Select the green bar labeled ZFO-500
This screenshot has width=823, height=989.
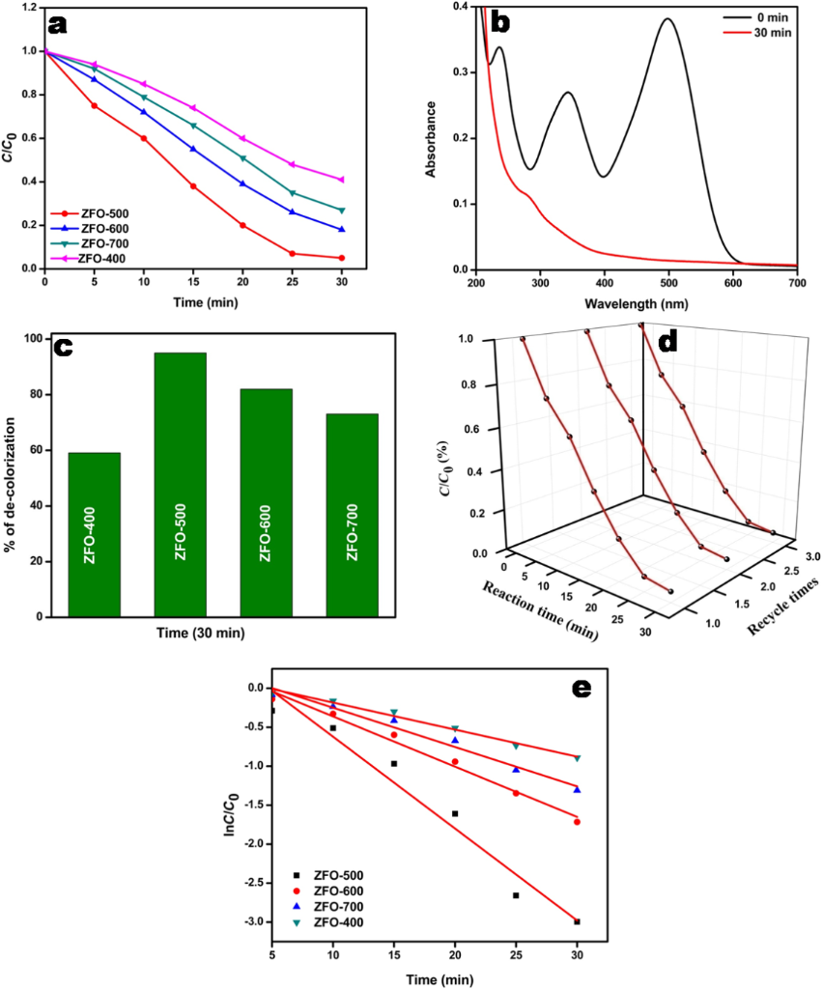tap(180, 484)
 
